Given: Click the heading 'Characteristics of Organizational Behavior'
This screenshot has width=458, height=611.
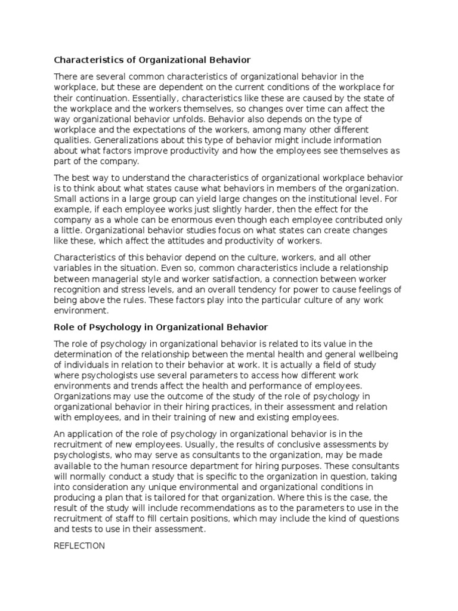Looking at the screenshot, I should click(153, 60).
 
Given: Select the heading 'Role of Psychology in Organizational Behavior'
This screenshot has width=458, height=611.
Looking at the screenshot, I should click(161, 327).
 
